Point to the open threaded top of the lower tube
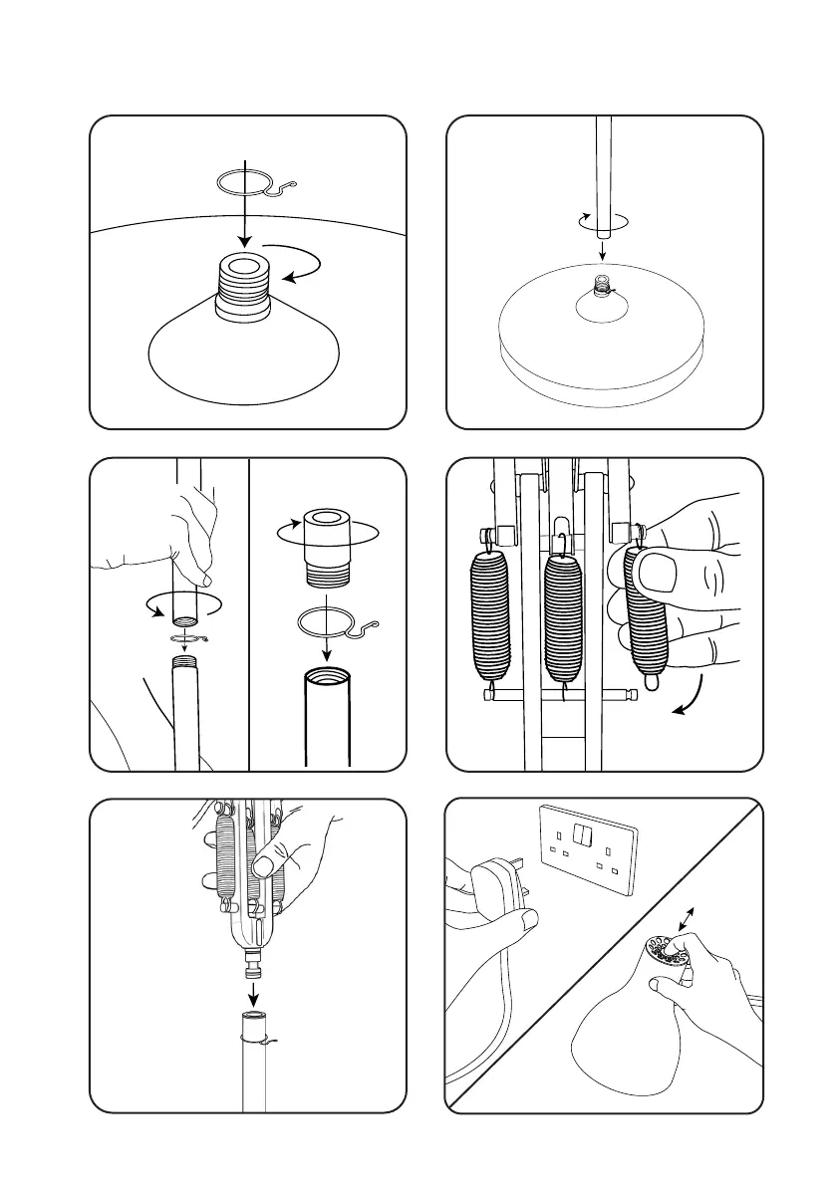coord(328,676)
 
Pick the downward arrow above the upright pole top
coord(253,993)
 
